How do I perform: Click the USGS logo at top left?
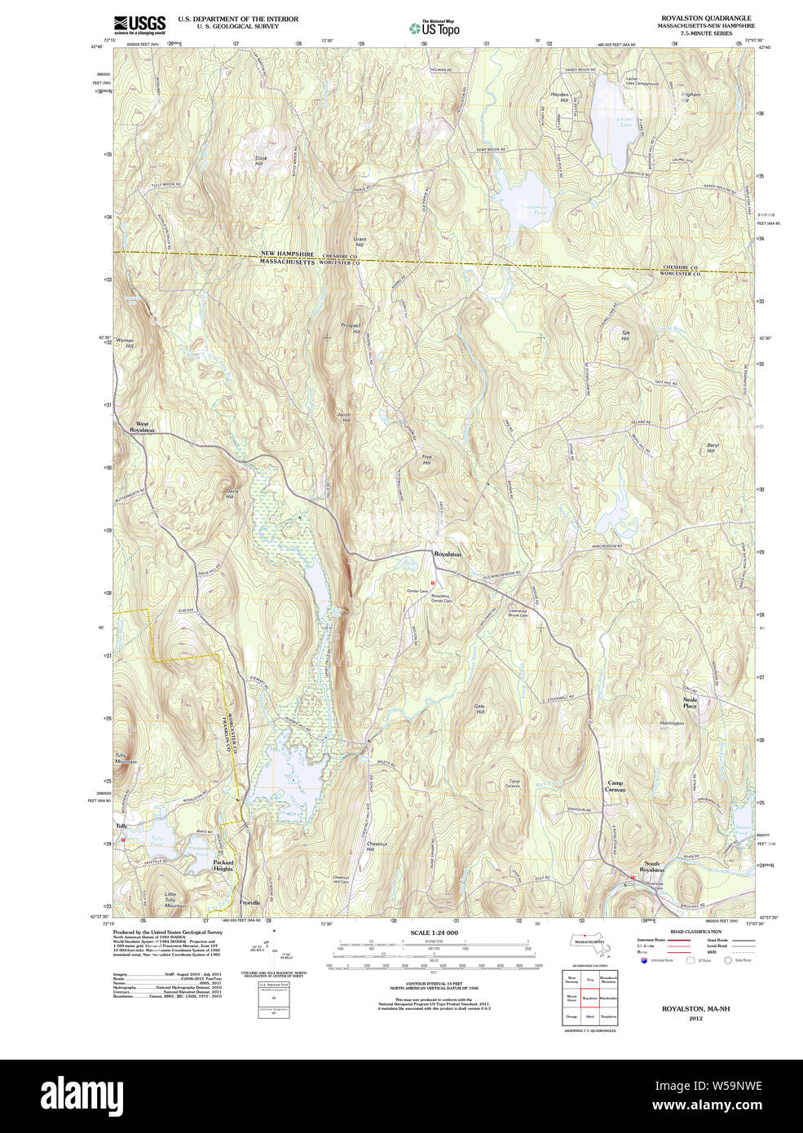pyautogui.click(x=139, y=24)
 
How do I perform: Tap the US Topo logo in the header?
pyautogui.click(x=434, y=28)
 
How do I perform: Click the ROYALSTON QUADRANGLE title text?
pyautogui.click(x=706, y=18)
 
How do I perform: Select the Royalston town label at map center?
pyautogui.click(x=448, y=554)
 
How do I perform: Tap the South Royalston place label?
pyautogui.click(x=652, y=866)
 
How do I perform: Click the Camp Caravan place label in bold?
pyautogui.click(x=615, y=787)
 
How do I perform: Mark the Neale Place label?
pyautogui.click(x=690, y=703)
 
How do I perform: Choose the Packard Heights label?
pyautogui.click(x=223, y=866)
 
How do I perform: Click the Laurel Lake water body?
pyautogui.click(x=615, y=114)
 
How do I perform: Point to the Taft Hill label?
pyautogui.click(x=625, y=335)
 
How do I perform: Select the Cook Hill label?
pyautogui.click(x=261, y=161)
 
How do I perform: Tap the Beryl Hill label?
pyautogui.click(x=711, y=447)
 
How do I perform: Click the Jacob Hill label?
pyautogui.click(x=343, y=417)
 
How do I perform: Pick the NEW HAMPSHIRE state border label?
pyautogui.click(x=287, y=254)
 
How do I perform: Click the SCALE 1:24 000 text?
pyautogui.click(x=434, y=932)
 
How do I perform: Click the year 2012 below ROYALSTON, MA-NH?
pyautogui.click(x=695, y=1018)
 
